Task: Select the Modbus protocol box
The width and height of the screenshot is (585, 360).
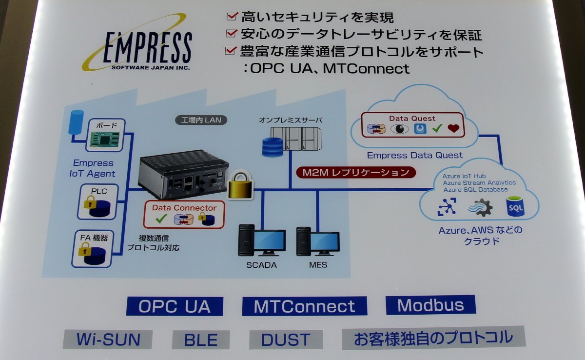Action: [430, 305]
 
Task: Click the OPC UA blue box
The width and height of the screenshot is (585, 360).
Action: [175, 306]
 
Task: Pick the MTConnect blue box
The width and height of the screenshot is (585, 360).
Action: [305, 306]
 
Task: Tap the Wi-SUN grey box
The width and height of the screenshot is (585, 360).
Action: [108, 340]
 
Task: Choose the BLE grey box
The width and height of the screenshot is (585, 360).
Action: [201, 340]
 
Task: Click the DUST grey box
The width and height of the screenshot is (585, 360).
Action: [286, 340]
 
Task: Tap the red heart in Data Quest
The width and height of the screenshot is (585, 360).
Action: [453, 128]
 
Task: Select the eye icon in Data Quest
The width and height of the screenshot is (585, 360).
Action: [400, 129]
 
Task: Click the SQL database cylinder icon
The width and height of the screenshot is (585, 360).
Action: [515, 207]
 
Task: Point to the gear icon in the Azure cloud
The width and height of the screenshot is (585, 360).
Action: [481, 207]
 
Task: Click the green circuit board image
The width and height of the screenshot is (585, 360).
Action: [105, 139]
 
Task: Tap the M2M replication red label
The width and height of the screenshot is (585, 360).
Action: [356, 172]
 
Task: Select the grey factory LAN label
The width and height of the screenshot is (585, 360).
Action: [201, 120]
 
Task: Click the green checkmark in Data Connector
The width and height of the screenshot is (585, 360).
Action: [161, 219]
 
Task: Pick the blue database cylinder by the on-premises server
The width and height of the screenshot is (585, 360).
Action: [273, 147]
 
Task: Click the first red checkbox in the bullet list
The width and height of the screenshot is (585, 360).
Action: [232, 16]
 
